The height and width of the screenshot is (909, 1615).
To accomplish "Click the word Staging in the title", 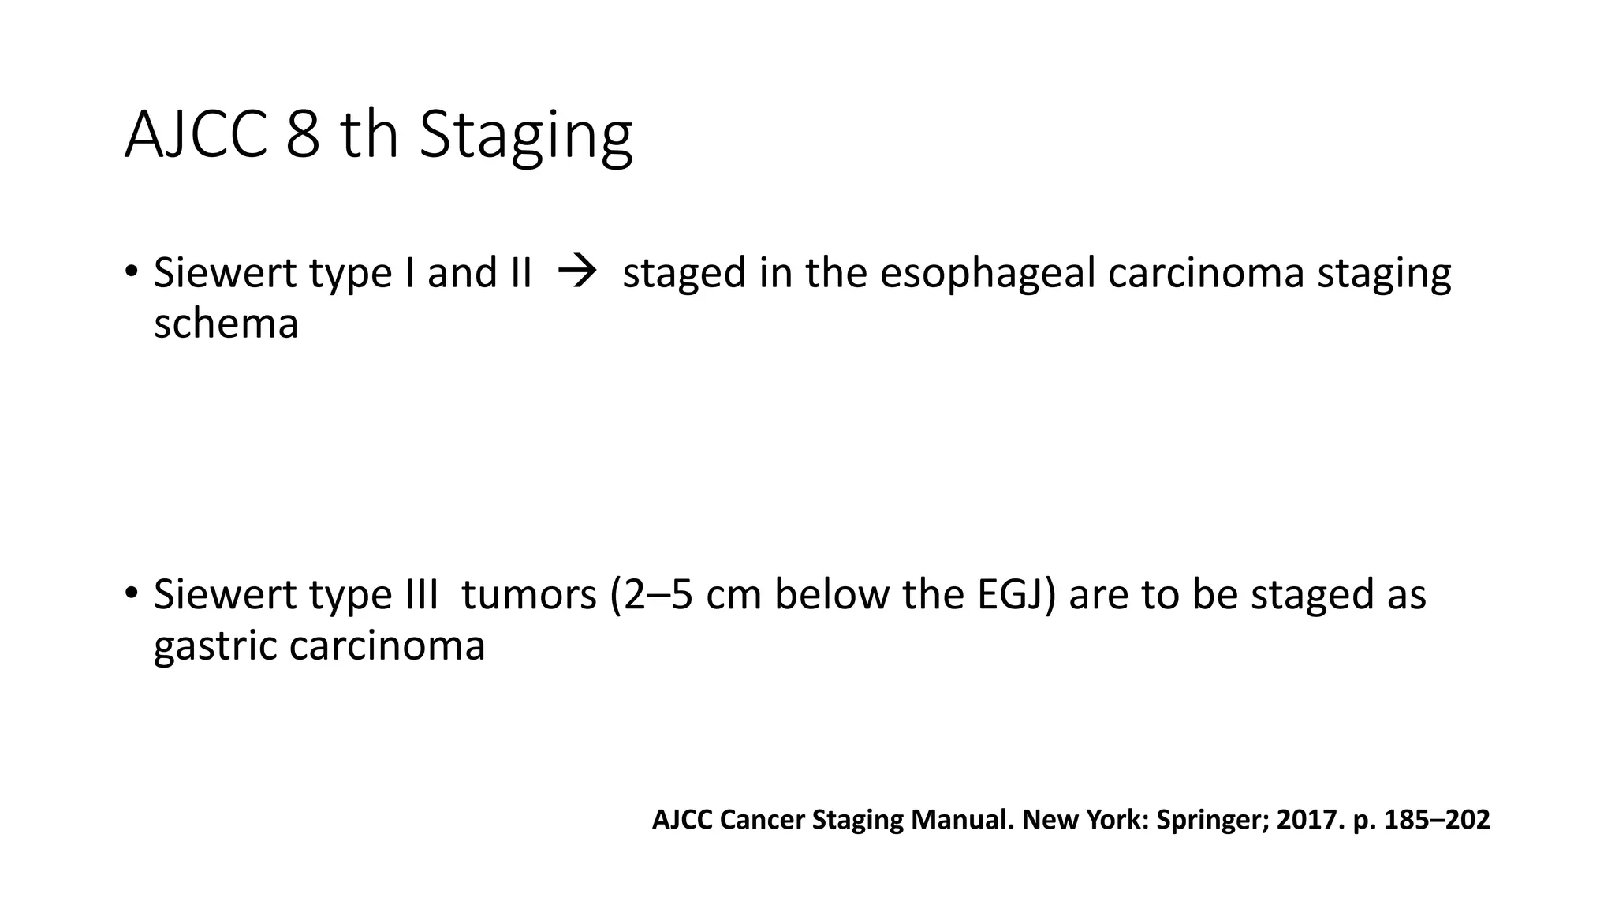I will click(525, 136).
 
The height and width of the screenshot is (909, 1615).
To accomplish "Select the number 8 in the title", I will click(303, 134).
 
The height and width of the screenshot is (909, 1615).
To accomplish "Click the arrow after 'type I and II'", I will click(576, 273).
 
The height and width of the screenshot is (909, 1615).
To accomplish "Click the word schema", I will click(226, 324).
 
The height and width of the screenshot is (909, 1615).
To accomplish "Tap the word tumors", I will click(529, 594).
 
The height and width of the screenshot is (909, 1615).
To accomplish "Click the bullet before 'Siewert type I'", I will click(131, 271).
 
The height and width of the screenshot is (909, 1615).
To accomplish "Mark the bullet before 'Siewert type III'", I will click(131, 593).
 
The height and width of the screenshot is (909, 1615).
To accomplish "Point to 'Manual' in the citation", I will click(961, 820).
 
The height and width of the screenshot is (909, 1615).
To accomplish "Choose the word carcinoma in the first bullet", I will click(1206, 274).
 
